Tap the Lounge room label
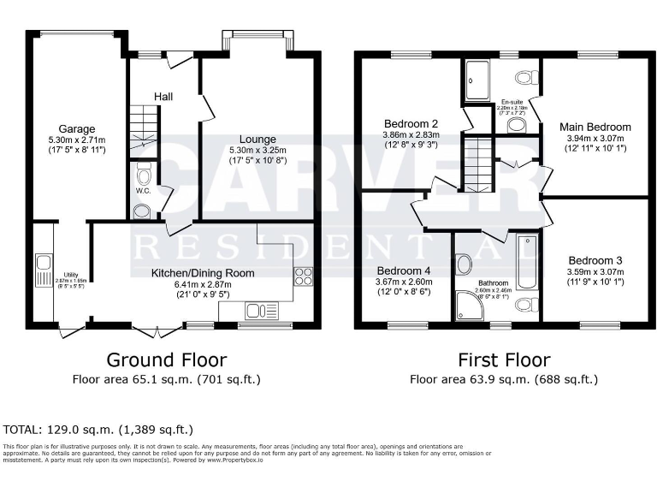pyautogui.click(x=257, y=139)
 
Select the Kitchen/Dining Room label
pyautogui.click(x=203, y=273)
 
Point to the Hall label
pyautogui.click(x=163, y=96)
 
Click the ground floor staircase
pyautogui.click(x=143, y=128)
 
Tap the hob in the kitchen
pyautogui.click(x=303, y=276)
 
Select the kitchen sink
pyautogui.click(x=257, y=310)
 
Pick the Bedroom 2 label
pyautogui.click(x=411, y=122)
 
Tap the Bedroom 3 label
pyautogui.click(x=595, y=260)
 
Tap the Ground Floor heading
pyautogui.click(x=166, y=359)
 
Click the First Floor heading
pyautogui.click(x=503, y=359)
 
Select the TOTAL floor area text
pyautogui.click(x=99, y=429)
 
